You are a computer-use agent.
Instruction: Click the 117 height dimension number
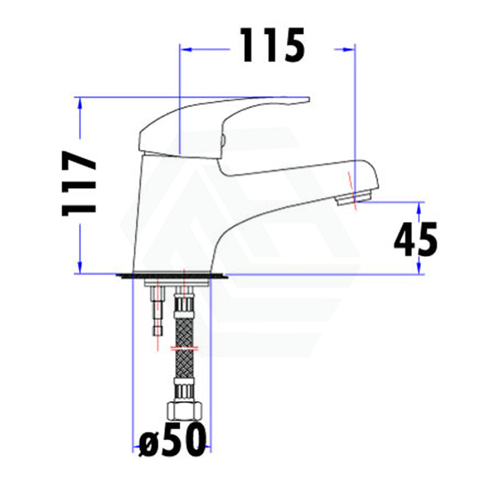pos(80,183)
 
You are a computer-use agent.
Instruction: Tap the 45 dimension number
pos(416,239)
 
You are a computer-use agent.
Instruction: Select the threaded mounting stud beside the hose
pos(158,311)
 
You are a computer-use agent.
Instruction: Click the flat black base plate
pos(172,276)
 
